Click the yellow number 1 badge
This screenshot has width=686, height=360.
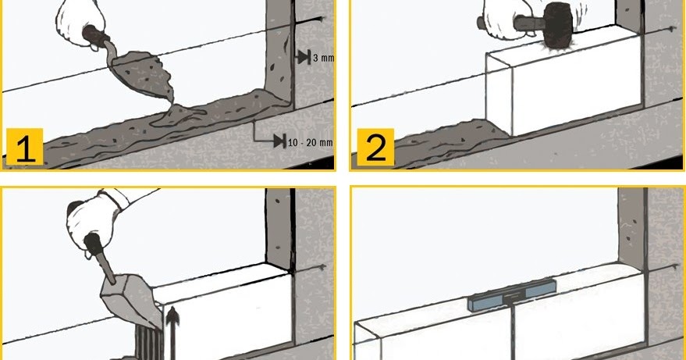(x=25, y=147)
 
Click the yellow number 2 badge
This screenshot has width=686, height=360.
(x=375, y=147)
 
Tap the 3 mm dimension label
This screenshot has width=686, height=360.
(x=323, y=57)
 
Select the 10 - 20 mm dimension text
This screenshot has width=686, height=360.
(x=310, y=142)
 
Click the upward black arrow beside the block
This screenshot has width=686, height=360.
(x=172, y=333)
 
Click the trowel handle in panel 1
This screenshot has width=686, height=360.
(x=96, y=37)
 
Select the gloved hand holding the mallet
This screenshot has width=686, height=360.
(x=504, y=18)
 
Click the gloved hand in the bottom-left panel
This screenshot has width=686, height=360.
(x=95, y=219)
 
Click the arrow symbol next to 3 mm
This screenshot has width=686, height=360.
(x=304, y=57)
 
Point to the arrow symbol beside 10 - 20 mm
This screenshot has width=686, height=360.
(x=279, y=141)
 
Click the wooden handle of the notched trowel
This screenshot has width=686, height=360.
(x=101, y=258)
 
